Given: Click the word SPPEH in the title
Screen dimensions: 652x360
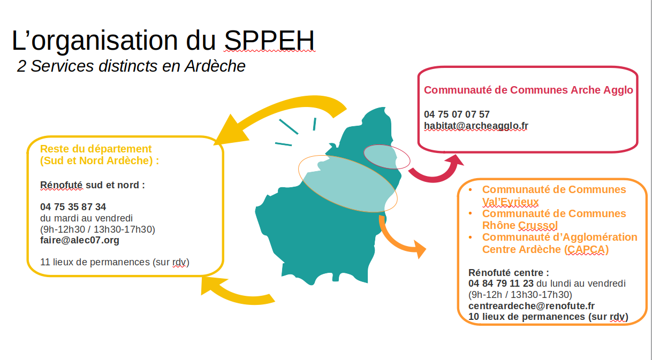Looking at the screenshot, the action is (269, 40).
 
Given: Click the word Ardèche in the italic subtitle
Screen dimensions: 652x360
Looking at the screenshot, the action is (215, 66).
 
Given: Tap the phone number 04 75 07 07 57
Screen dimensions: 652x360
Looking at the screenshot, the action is (457, 114).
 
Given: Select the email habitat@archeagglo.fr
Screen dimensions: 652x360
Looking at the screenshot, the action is (476, 126).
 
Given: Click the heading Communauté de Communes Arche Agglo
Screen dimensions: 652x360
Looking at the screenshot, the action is (528, 90).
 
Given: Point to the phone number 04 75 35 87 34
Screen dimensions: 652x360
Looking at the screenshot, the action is (73, 207).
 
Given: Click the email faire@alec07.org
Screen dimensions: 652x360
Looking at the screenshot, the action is (79, 240).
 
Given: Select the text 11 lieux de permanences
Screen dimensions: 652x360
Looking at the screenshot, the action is (95, 262).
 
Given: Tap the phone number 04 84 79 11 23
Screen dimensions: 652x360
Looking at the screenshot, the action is (501, 283).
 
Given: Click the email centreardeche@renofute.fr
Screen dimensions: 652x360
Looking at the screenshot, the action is (532, 306).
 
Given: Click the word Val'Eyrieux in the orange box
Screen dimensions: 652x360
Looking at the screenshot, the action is (510, 202).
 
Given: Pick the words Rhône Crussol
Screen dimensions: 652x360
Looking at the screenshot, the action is (520, 225).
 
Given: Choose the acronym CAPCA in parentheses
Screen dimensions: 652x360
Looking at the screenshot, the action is (586, 249).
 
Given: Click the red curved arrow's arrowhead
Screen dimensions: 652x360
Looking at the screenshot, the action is (453, 161).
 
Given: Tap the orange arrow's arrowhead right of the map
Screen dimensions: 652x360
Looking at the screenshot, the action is (419, 249).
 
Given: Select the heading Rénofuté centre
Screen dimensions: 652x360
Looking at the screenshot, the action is (509, 273).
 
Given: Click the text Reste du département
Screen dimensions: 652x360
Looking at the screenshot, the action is (96, 149).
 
